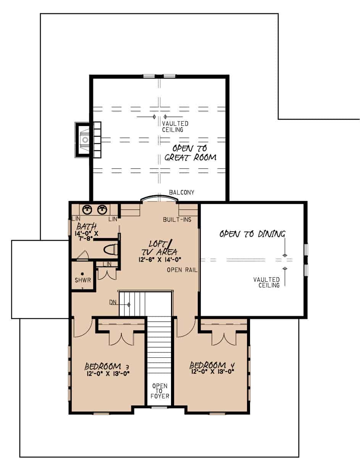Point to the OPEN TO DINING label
[x=252, y=234]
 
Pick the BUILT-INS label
[x=177, y=220]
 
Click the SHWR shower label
[x=83, y=280]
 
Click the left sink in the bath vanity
[x=88, y=209]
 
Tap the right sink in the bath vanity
[x=102, y=209]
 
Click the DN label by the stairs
[x=113, y=302]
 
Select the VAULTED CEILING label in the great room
[x=175, y=126]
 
